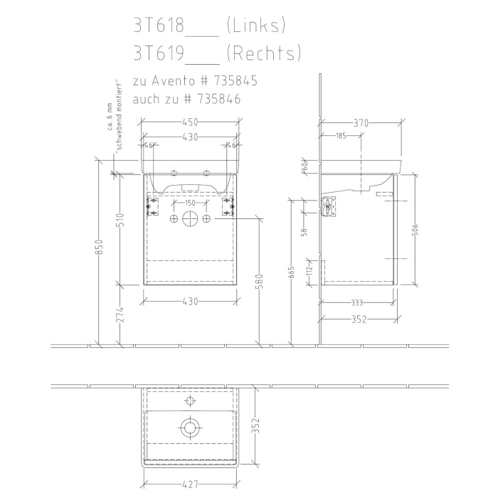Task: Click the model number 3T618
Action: pyautogui.click(x=157, y=26)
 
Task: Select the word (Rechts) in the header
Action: pyautogui.click(x=263, y=53)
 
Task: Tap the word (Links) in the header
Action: pyautogui.click(x=255, y=26)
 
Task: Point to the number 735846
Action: pyautogui.click(x=217, y=100)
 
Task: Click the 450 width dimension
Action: pyautogui.click(x=189, y=122)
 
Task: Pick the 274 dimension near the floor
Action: pyautogui.click(x=120, y=315)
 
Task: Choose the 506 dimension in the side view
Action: pyautogui.click(x=415, y=231)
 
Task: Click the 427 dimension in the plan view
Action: pyautogui.click(x=188, y=485)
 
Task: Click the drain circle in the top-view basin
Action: pyautogui.click(x=189, y=427)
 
